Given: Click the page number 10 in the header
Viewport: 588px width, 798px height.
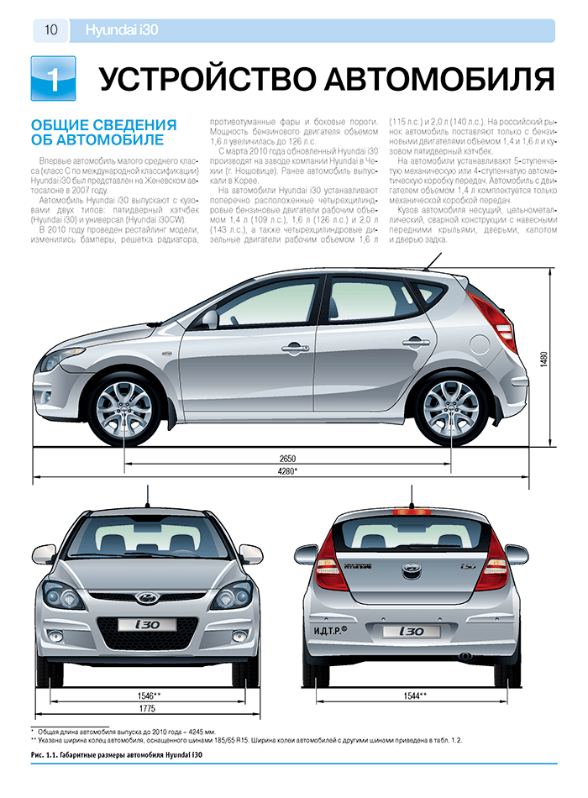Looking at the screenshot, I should coord(50,31).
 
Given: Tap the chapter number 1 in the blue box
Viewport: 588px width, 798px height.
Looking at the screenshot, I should coord(52,79).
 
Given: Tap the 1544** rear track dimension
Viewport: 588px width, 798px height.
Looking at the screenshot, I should coord(415,695).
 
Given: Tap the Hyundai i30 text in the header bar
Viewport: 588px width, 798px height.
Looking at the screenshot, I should coord(123,31).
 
